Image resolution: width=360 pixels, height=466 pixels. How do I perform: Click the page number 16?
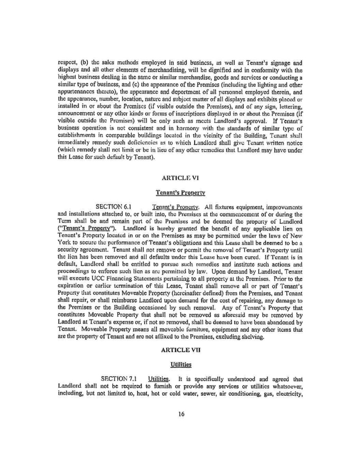click(181, 414)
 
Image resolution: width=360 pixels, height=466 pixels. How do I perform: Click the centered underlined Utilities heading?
click(181, 364)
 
